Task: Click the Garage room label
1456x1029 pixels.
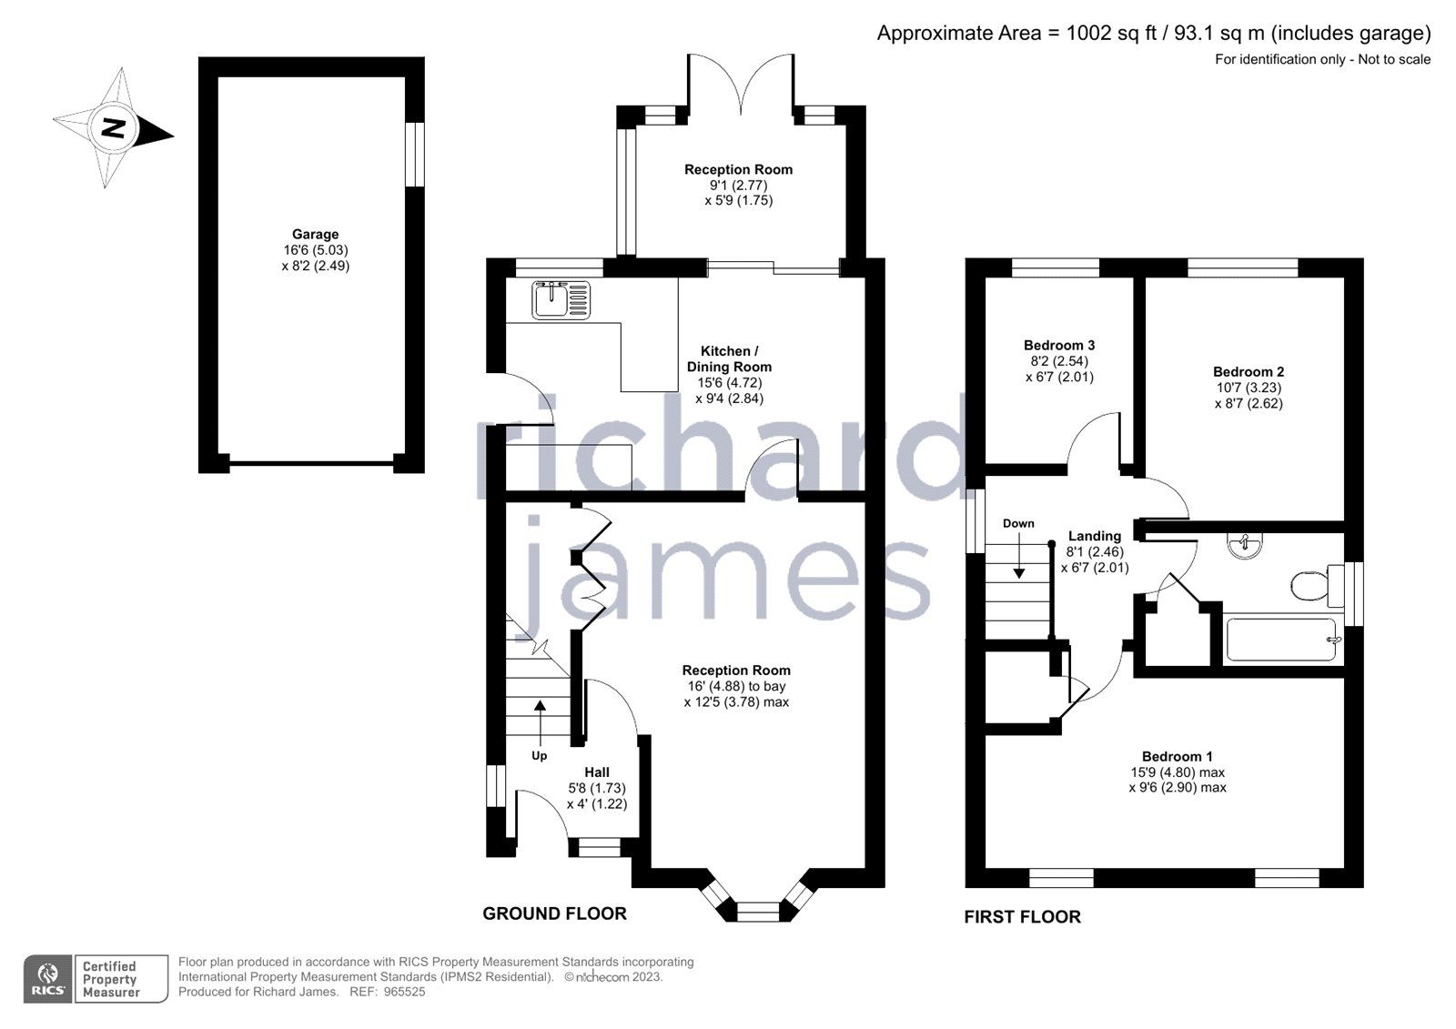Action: (x=315, y=235)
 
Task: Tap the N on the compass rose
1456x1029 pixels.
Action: (x=113, y=127)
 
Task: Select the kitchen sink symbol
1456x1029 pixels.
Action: (x=561, y=299)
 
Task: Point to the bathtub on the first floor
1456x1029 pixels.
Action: (x=1281, y=640)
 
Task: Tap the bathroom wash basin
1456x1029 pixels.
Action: (x=1243, y=546)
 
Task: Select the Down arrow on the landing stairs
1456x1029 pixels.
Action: (x=1018, y=563)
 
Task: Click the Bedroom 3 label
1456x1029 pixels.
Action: (x=1059, y=346)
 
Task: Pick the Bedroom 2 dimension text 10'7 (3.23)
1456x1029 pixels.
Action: (x=1249, y=388)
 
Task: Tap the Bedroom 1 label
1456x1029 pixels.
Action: (x=1178, y=756)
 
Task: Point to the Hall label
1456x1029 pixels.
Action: (x=597, y=772)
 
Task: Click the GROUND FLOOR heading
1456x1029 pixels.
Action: (x=554, y=913)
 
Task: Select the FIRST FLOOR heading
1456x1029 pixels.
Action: (x=1022, y=917)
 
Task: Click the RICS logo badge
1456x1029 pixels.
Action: (x=48, y=979)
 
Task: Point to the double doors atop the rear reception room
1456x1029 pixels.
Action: (x=740, y=86)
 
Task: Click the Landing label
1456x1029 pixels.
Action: (x=1095, y=537)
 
